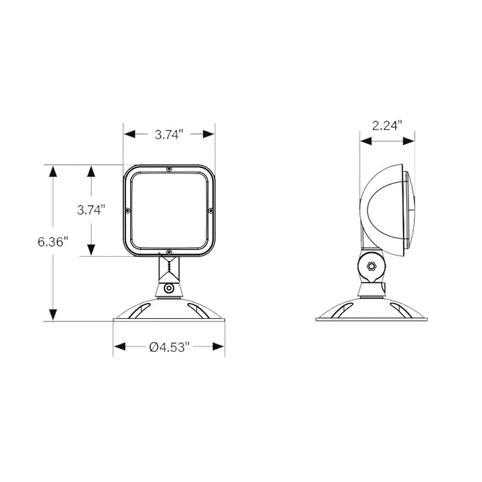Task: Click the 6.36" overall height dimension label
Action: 52,242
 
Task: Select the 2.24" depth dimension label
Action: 387,125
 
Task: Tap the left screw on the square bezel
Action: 129,210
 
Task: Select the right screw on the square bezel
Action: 211,210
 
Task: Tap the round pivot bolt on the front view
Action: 169,289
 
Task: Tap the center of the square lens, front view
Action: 169,210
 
